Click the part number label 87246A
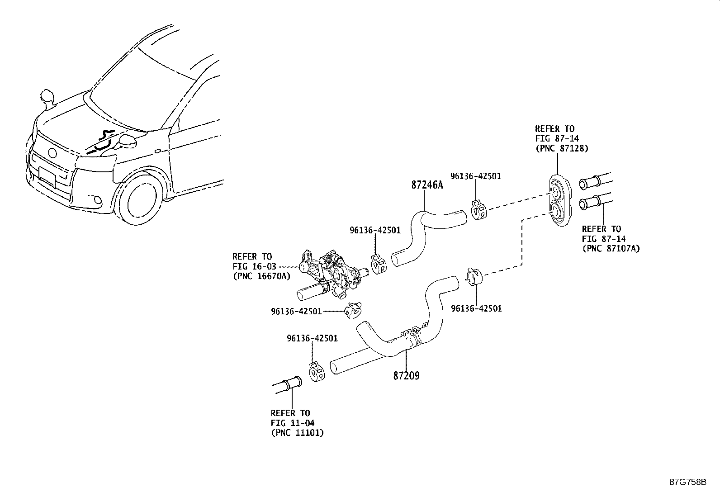(x=427, y=185)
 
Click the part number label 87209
(x=406, y=375)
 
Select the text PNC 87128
(x=562, y=148)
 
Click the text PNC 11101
(x=298, y=433)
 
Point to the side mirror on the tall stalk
(x=47, y=96)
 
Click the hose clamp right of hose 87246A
(x=478, y=210)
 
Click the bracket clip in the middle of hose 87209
(x=412, y=335)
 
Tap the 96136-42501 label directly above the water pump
(x=375, y=230)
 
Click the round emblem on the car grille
(x=53, y=152)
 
